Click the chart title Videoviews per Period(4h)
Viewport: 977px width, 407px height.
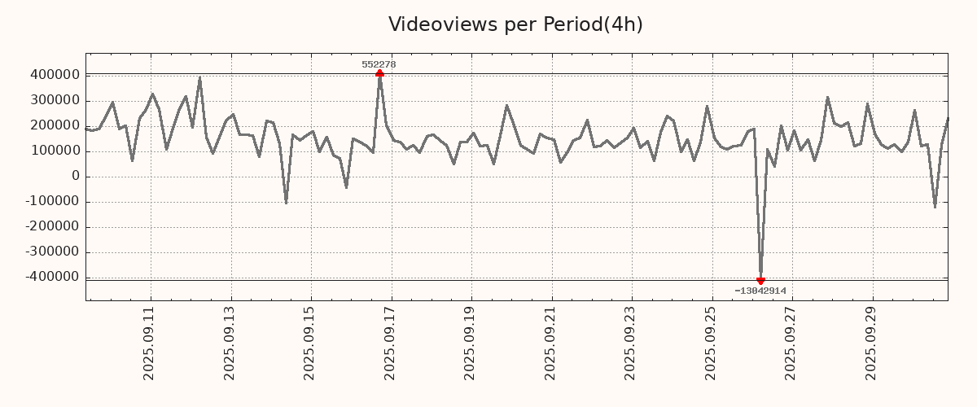tap(515, 24)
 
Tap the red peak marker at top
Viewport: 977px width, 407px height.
tap(379, 74)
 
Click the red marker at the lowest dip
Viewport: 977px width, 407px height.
tap(760, 281)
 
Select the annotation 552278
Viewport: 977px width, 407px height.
tap(379, 64)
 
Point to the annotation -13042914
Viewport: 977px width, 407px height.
tap(760, 291)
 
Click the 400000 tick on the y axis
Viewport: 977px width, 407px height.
tap(54, 75)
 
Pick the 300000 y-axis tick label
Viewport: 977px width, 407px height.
tap(54, 100)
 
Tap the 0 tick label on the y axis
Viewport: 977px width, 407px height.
tap(76, 177)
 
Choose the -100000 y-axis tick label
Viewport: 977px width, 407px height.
tap(51, 202)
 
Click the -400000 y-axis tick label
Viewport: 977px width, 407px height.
tap(51, 278)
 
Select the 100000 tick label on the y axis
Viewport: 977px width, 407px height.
tap(54, 151)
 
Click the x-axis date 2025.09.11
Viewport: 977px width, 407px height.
tap(149, 344)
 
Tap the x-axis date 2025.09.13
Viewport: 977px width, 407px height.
tap(230, 344)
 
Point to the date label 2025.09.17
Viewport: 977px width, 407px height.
tap(390, 344)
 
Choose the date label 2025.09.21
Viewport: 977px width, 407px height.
tap(550, 344)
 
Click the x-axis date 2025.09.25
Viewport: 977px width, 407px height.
tap(711, 344)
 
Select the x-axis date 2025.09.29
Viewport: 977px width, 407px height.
tap(871, 344)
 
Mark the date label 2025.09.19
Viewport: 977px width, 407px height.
tap(470, 344)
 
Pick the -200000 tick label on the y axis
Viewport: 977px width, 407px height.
tap(51, 227)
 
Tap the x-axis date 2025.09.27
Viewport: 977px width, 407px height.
tap(791, 344)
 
